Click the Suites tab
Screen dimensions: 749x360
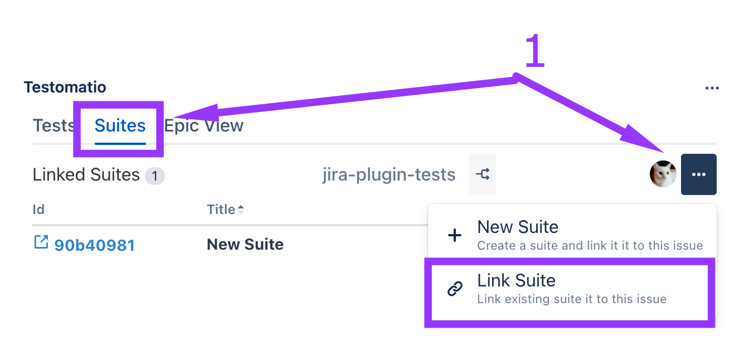coord(120,126)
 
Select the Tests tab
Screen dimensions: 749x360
coord(53,126)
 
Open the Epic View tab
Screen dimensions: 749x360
coord(203,126)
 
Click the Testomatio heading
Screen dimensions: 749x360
coord(65,87)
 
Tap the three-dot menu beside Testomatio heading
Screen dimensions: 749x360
coord(712,88)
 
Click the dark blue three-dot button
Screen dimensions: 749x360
coord(698,174)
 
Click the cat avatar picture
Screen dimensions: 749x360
coord(663,174)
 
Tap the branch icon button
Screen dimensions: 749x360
coord(483,174)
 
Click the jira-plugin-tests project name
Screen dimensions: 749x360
coord(388,174)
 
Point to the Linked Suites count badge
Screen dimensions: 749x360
coord(154,176)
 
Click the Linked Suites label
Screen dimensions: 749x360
coord(86,174)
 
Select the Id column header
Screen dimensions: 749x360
coord(38,210)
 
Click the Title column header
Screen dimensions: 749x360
coord(221,210)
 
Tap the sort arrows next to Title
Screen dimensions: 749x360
coord(240,209)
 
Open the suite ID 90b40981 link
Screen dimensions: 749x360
coord(94,245)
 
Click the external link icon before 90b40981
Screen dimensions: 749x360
coord(41,242)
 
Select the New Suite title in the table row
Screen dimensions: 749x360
coord(245,244)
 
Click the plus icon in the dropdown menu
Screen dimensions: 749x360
coord(454,235)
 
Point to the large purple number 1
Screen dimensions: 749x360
coord(535,50)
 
